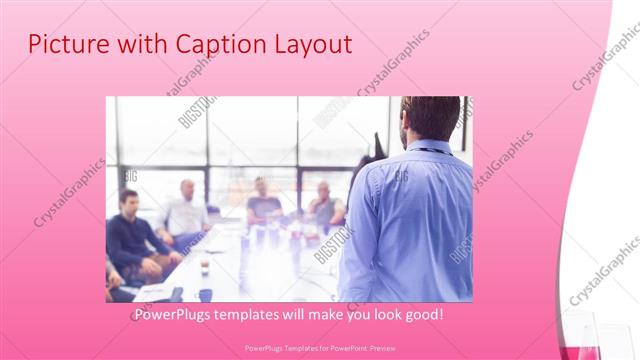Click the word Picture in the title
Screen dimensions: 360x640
64,44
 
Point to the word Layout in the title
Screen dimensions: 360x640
311,45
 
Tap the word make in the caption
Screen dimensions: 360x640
339,314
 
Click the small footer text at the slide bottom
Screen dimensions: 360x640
320,349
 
